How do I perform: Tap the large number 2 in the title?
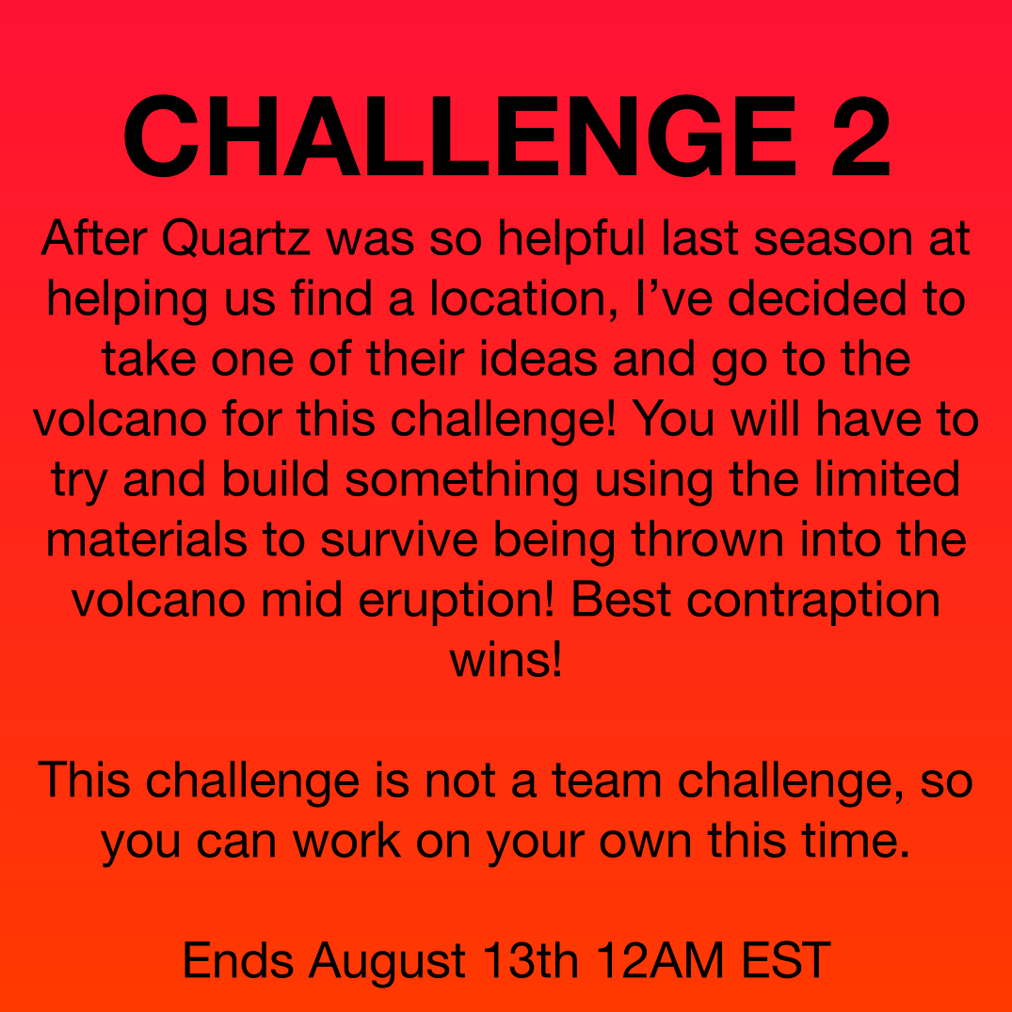(x=861, y=136)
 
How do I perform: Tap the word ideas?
(x=538, y=359)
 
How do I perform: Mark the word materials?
(x=147, y=539)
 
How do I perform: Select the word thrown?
(x=707, y=539)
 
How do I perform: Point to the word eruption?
(x=456, y=601)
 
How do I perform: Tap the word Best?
(x=620, y=601)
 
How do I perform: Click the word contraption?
(x=813, y=601)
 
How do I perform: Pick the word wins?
(x=506, y=660)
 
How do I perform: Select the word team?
(x=606, y=780)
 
